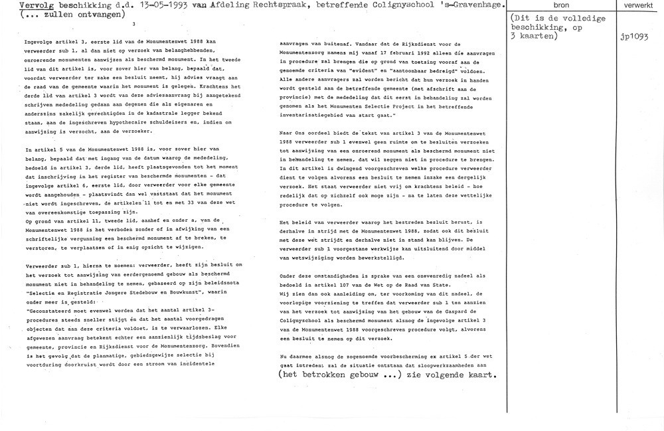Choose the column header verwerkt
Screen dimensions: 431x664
pos(630,5)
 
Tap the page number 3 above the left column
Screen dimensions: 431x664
pos(133,25)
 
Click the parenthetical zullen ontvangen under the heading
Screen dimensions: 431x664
pos(49,17)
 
